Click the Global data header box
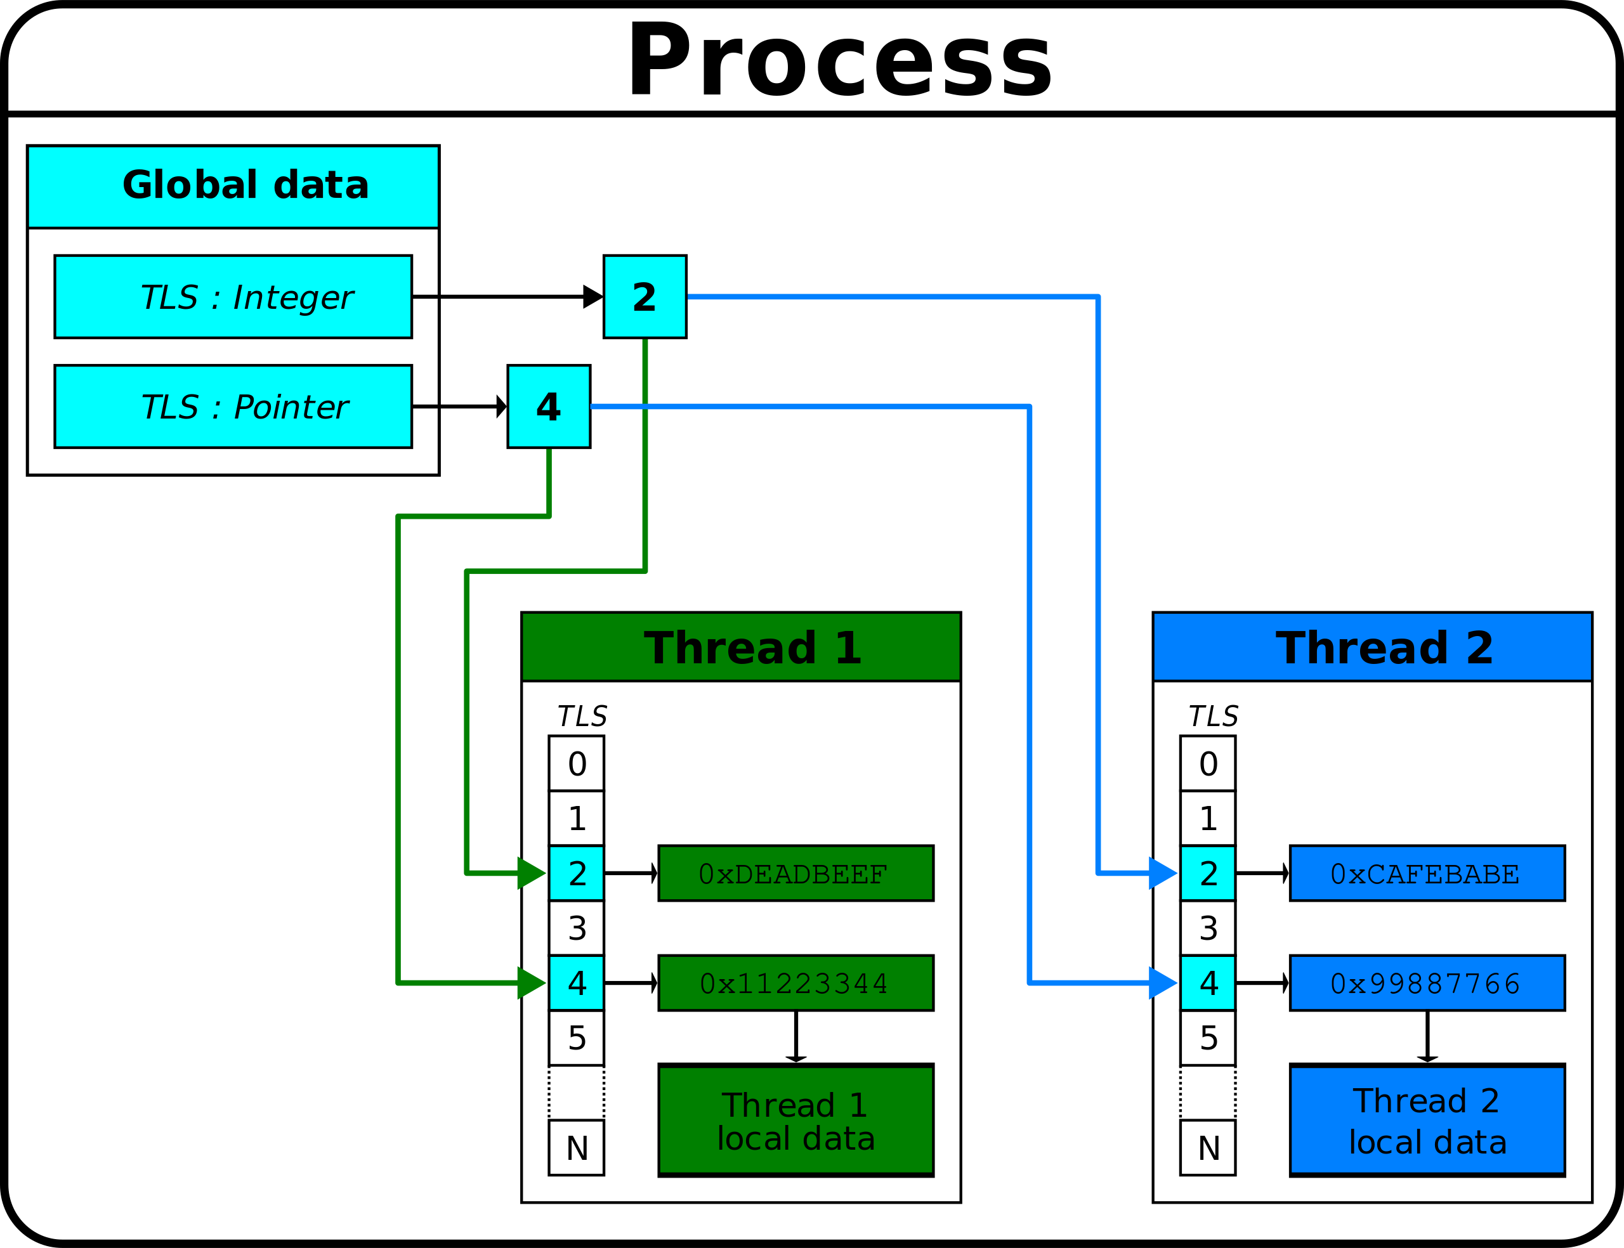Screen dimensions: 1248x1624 pyautogui.click(x=233, y=186)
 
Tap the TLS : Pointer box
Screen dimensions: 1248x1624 pyautogui.click(x=233, y=406)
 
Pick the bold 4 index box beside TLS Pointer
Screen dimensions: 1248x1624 pyautogui.click(x=548, y=406)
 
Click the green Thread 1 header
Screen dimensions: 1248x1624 pyautogui.click(x=741, y=646)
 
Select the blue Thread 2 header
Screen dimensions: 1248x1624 pyautogui.click(x=1372, y=646)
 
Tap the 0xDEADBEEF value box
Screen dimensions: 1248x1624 pyautogui.click(x=796, y=873)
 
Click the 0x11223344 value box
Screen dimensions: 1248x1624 pyautogui.click(x=796, y=983)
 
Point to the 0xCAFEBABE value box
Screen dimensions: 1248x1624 pyautogui.click(x=1427, y=873)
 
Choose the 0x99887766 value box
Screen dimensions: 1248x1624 pyautogui.click(x=1427, y=983)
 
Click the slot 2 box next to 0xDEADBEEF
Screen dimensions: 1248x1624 pyautogui.click(x=576, y=873)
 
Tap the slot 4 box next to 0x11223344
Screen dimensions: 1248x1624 pyautogui.click(x=576, y=983)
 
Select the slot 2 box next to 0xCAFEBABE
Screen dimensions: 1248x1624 pyautogui.click(x=1207, y=873)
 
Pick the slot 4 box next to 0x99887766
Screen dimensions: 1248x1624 pyautogui.click(x=1207, y=983)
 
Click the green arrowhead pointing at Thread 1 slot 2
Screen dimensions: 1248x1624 pyautogui.click(x=530, y=873)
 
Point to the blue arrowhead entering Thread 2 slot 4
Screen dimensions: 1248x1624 pyautogui.click(x=1162, y=983)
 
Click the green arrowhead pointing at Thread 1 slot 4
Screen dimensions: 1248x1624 pyautogui.click(x=530, y=983)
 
